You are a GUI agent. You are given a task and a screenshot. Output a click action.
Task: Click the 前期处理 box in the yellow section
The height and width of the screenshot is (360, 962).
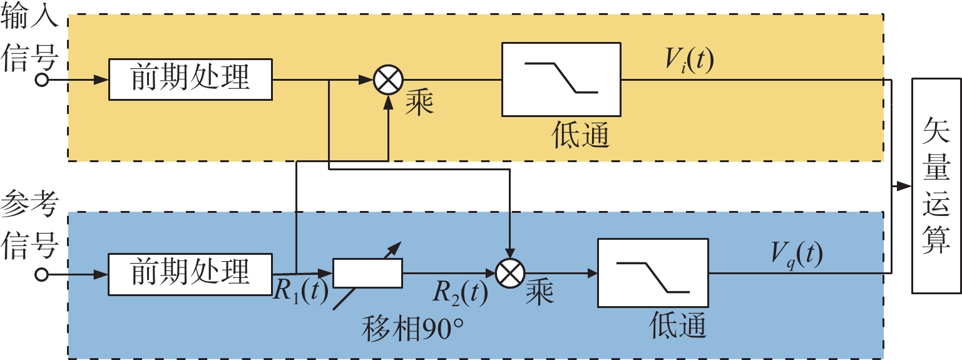190,80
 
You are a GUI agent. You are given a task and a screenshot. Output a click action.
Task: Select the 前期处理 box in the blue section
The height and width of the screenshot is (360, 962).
190,274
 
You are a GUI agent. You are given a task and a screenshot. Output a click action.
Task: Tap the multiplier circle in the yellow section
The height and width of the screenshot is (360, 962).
388,80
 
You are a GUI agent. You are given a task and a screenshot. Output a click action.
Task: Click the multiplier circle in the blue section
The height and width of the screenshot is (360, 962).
511,273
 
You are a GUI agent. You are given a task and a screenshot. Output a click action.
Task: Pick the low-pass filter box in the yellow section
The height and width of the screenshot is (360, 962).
561,80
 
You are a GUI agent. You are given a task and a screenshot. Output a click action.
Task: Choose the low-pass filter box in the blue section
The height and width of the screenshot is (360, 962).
653,273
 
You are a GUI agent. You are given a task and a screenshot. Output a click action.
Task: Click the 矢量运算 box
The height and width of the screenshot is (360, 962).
936,187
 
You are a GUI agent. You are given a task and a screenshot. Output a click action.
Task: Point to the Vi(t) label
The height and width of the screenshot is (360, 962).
689,61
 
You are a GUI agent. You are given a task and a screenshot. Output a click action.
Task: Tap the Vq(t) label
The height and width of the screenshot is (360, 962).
797,255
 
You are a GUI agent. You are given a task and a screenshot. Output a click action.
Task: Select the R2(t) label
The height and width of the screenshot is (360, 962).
461,292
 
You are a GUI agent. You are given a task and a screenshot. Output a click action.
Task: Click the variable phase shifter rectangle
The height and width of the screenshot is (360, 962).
367,274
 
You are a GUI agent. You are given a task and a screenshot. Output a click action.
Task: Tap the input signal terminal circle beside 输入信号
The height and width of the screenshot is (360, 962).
42,80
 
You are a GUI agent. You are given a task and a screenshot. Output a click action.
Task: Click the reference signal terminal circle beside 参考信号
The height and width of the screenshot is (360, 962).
42,274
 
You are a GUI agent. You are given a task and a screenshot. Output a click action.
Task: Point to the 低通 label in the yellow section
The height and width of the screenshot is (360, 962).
581,134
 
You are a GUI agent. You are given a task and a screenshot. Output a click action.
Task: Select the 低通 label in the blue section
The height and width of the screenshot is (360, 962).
678,326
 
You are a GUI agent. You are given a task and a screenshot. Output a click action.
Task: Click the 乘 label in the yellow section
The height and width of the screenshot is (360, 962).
419,101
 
